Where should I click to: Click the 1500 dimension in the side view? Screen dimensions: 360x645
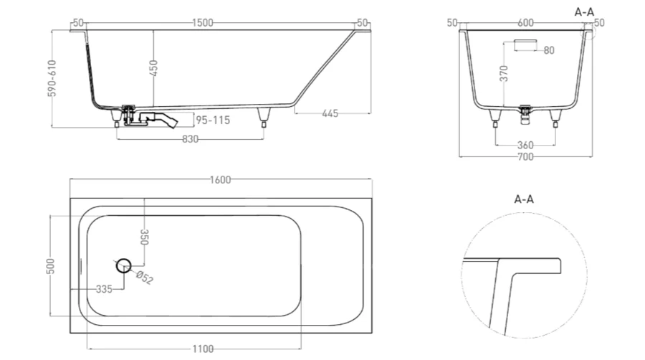coord(203,23)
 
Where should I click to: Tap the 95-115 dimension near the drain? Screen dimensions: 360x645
coord(213,120)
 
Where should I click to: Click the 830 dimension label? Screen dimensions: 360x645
coord(189,139)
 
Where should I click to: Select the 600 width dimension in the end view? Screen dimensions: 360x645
coord(525,23)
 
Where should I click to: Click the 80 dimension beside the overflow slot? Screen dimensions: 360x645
coord(548,50)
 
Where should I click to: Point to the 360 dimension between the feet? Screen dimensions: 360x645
coord(525,146)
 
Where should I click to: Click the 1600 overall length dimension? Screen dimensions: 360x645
coord(221,180)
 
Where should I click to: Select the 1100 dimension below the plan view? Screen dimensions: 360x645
coord(203,349)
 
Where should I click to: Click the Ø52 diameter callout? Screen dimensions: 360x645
coord(143,278)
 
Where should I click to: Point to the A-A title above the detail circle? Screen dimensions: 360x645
coord(524,199)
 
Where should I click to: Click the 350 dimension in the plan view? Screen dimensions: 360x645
coord(144,237)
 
